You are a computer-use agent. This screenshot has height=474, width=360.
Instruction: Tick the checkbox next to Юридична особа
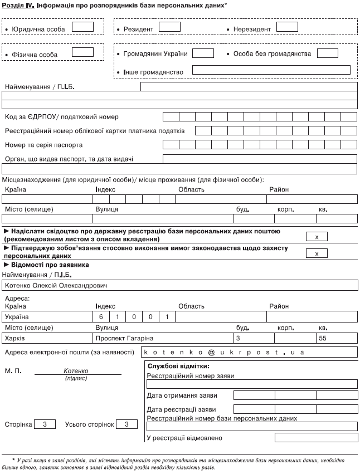(x=82, y=27)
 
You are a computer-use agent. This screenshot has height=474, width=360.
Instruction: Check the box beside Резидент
(x=169, y=27)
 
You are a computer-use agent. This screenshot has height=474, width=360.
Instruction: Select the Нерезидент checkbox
(x=287, y=27)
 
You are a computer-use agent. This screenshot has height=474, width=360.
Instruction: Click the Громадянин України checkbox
(x=203, y=53)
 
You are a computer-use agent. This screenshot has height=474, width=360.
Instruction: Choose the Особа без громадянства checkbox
(x=327, y=53)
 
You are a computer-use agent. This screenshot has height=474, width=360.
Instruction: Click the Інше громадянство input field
(x=271, y=70)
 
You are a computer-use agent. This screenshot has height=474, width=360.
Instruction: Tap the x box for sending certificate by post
(x=317, y=237)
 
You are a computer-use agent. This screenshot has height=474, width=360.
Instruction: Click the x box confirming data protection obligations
(x=317, y=253)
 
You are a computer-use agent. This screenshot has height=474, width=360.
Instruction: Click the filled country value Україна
(x=17, y=317)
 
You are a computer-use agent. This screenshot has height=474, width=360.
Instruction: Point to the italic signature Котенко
(x=76, y=371)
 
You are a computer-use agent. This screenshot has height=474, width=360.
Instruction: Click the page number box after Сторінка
(x=45, y=424)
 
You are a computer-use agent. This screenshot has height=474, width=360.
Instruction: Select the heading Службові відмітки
(x=178, y=366)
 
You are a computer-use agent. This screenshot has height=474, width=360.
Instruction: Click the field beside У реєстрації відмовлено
(x=295, y=438)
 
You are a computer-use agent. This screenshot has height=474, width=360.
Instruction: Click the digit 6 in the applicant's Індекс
(x=101, y=317)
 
